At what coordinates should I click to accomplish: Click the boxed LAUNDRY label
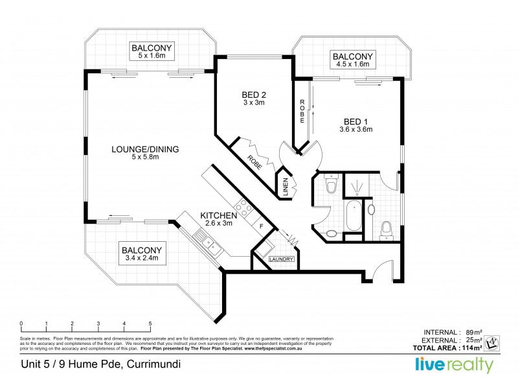(x=282, y=259)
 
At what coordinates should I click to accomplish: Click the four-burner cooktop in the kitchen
(x=245, y=208)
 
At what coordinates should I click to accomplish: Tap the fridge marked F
(x=261, y=226)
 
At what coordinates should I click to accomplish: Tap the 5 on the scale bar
(x=150, y=323)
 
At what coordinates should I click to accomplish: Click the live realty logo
(x=455, y=364)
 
